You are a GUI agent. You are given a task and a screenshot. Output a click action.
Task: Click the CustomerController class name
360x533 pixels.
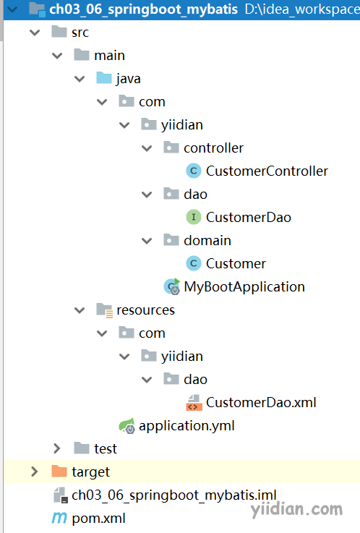pos(267,171)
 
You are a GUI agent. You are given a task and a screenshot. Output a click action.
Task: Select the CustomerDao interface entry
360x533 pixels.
pos(248,217)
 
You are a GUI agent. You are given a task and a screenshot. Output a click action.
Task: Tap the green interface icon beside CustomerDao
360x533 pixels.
pos(194,217)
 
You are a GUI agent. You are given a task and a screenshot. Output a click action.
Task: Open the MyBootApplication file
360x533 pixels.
pos(244,287)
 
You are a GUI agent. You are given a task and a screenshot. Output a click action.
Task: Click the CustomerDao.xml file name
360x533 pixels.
pos(261,403)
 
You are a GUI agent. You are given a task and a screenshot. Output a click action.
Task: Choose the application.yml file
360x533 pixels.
pos(187,425)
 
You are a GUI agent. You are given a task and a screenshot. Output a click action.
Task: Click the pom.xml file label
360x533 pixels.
pos(98,519)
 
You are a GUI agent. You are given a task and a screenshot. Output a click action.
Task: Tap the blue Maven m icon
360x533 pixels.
pos(59,518)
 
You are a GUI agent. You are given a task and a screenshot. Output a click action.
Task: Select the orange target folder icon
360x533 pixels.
pos(59,471)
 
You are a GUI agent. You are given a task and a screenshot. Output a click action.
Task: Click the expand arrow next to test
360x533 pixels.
pos(57,448)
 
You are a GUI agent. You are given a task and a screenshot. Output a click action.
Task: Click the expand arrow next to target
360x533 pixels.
pos(34,472)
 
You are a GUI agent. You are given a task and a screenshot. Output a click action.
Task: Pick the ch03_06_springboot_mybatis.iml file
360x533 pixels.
pos(174,495)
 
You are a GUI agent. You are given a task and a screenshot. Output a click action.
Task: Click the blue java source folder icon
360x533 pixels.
pos(104,78)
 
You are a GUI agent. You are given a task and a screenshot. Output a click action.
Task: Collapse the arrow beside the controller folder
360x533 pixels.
pos(147,148)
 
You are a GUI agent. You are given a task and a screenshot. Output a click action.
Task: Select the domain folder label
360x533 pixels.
pos(207,241)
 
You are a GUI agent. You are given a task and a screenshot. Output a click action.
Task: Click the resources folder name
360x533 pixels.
pos(145,310)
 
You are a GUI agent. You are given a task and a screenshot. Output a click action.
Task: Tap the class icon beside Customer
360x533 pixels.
pos(194,263)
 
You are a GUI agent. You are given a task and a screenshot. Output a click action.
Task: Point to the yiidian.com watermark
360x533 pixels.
pos(296,509)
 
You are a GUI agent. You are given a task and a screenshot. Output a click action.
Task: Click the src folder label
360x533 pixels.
pos(80,33)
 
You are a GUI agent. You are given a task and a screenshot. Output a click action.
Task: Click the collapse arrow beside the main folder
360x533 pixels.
pos(57,56)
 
